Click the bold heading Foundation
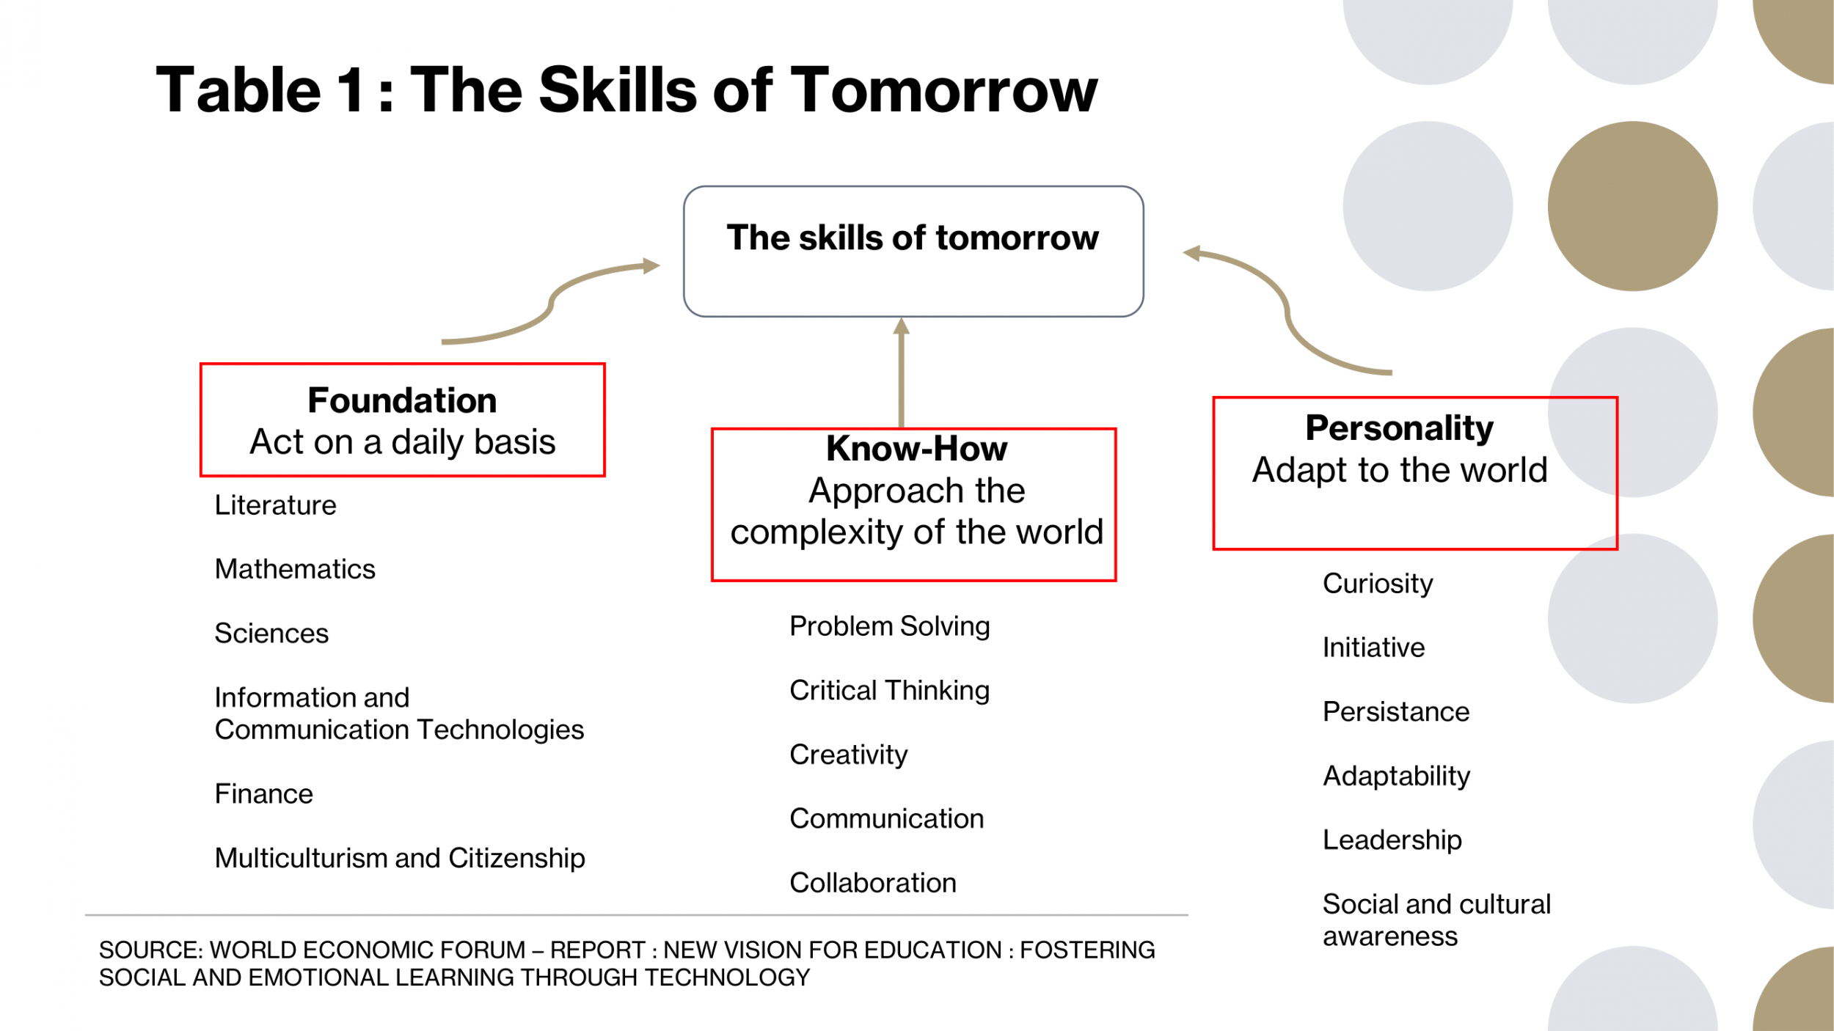pos(402,400)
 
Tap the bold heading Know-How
pos(916,448)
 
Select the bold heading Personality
pos(1400,428)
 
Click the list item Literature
pos(275,505)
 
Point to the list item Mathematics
pos(295,569)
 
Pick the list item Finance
pos(264,794)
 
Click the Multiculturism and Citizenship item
pos(400,859)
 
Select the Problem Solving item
pos(890,627)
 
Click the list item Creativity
pos(849,755)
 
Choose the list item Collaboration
pos(873,883)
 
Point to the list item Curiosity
pos(1378,584)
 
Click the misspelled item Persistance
pos(1396,712)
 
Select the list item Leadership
pos(1392,840)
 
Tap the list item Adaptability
pos(1397,777)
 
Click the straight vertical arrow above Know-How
pos(902,373)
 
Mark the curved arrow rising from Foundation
pos(552,301)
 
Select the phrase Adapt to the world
pos(1400,471)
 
